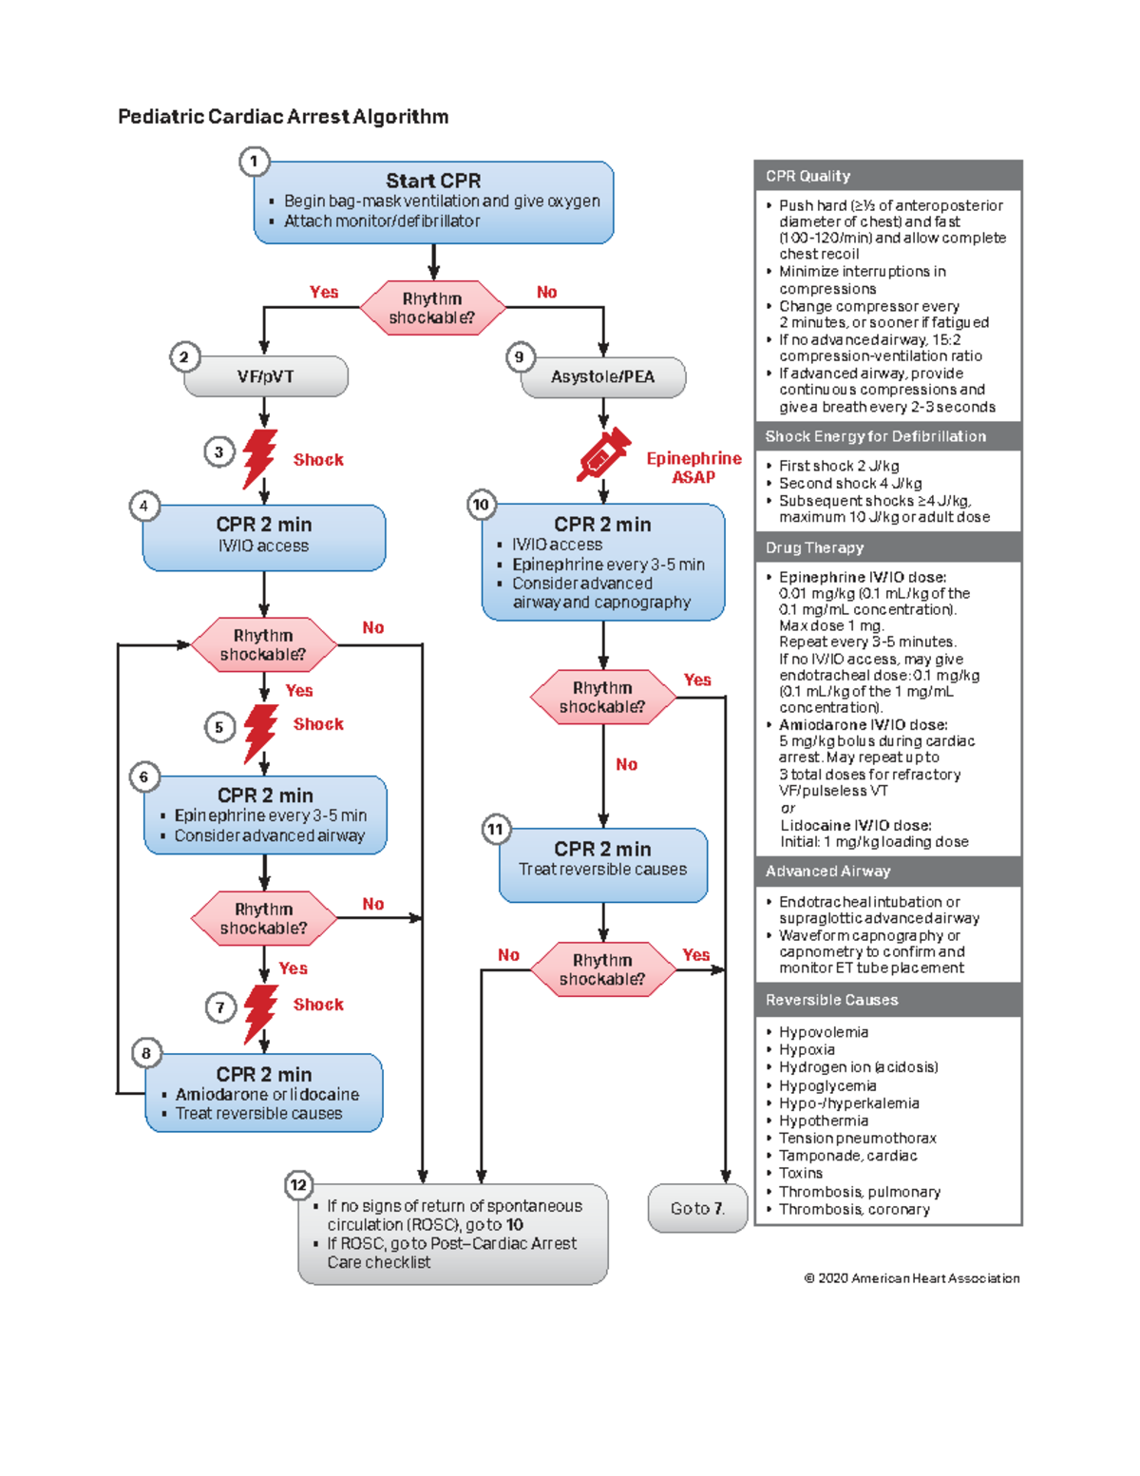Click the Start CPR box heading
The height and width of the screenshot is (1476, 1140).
(x=433, y=181)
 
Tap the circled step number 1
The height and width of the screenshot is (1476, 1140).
(x=254, y=162)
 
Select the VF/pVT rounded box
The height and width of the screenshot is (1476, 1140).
(x=266, y=376)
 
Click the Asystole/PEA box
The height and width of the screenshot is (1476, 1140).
(x=603, y=377)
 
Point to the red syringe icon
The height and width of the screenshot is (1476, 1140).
(x=603, y=454)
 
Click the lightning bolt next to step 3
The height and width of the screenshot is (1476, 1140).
(x=259, y=457)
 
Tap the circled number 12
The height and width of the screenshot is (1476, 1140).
(x=298, y=1184)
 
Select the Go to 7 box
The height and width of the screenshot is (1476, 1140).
(x=697, y=1209)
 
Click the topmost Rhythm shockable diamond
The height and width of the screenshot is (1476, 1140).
(x=432, y=308)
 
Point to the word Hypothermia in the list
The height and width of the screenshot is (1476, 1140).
(x=824, y=1121)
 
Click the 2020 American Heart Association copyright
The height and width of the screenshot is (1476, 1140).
(x=912, y=1278)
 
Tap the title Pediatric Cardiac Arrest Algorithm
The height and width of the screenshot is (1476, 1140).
(x=283, y=117)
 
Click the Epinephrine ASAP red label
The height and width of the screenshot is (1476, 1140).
(x=693, y=468)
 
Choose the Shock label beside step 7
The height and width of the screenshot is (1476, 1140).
(x=318, y=1005)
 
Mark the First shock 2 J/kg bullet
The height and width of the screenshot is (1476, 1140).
(x=838, y=466)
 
